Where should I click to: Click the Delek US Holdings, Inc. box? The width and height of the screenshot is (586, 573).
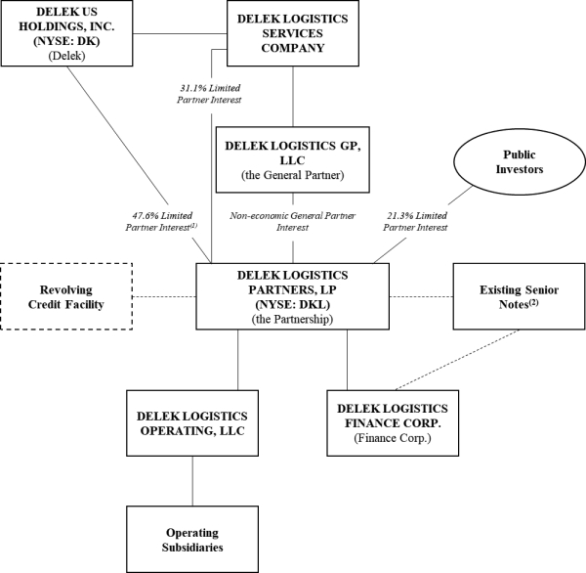67,34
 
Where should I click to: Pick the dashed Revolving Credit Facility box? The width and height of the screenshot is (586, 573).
70,296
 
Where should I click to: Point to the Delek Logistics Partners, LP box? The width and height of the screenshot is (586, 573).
293,296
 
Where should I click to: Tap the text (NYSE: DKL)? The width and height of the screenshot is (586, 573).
293,303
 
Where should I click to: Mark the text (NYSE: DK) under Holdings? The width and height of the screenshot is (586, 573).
67,41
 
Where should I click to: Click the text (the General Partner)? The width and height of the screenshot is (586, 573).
292,176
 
